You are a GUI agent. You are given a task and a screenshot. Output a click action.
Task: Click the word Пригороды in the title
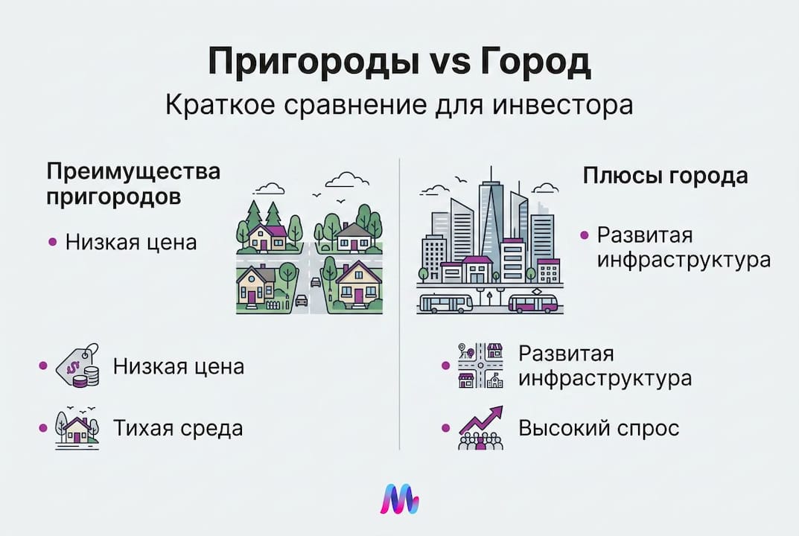point(302,64)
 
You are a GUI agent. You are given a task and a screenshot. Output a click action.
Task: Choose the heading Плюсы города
point(665,177)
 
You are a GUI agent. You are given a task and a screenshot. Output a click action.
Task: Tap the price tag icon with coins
point(79,366)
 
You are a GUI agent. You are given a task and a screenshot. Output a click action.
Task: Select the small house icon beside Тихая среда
point(77,428)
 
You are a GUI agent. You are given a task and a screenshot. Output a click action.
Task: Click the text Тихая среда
point(178,429)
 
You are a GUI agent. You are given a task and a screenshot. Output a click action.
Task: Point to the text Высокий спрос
point(599,429)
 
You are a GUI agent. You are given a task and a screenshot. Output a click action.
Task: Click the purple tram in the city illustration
point(534,302)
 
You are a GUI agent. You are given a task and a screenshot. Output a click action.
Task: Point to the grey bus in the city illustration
point(445,302)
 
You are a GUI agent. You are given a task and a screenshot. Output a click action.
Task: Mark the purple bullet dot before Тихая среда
point(42,428)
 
